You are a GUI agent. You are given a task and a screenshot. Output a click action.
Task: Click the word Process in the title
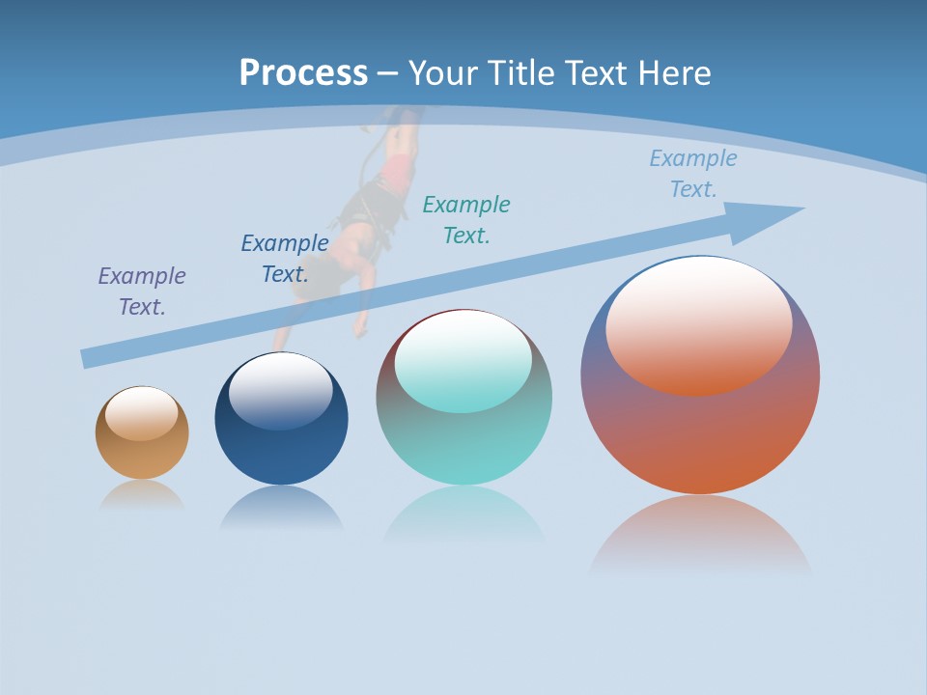click(x=303, y=73)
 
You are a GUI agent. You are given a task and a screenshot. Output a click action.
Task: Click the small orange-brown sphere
click(x=142, y=449)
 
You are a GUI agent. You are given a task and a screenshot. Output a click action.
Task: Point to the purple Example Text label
click(x=142, y=291)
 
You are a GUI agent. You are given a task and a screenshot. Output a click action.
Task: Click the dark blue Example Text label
click(x=285, y=258)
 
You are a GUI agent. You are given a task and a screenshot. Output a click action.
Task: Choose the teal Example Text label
click(x=466, y=219)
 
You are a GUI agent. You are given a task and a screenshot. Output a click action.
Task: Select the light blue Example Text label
click(x=693, y=174)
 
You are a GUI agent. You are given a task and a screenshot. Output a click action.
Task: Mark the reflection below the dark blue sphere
click(x=281, y=508)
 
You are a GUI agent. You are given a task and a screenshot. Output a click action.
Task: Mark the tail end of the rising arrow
click(x=89, y=358)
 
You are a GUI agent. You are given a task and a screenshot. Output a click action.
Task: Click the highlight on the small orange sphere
click(x=141, y=413)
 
